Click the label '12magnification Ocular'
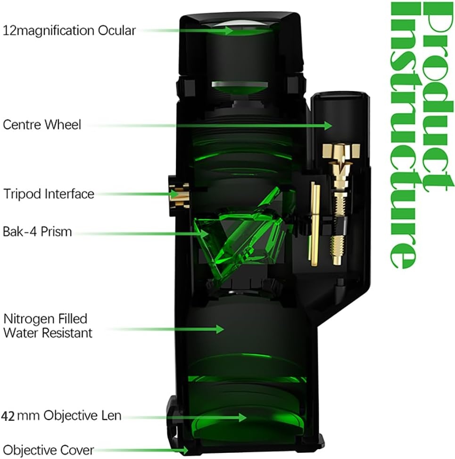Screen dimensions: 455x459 point(69,31)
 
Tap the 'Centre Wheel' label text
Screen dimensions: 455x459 point(42,125)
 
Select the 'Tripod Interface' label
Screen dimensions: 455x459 point(49,194)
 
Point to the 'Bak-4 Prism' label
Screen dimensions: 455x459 point(37,231)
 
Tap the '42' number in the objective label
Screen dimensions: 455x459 point(8,416)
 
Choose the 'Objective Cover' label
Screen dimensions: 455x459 point(48,450)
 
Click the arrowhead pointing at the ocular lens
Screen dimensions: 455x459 point(229,31)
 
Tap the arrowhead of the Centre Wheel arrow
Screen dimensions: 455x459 point(328,125)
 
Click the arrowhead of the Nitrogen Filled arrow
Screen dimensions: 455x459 point(220,329)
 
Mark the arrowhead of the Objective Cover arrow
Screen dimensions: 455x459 point(184,450)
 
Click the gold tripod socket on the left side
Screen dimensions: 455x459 point(179,195)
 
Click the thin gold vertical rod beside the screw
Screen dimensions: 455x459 point(314,224)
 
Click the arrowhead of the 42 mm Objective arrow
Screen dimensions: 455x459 point(242,418)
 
